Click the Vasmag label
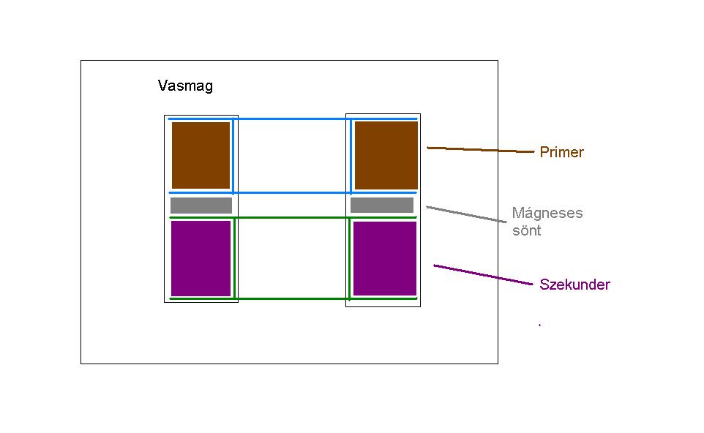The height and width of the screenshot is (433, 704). click(x=185, y=86)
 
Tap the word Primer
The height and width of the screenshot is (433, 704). click(x=561, y=152)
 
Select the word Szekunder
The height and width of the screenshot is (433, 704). click(x=574, y=285)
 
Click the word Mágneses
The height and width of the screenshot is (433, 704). click(x=547, y=214)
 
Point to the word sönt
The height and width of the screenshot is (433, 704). click(x=526, y=230)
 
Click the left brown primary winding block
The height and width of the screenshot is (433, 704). click(x=201, y=155)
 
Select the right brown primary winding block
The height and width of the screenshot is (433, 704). click(x=386, y=155)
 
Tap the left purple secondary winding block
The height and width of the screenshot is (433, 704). click(x=201, y=258)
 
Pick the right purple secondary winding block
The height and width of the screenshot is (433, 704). click(x=385, y=258)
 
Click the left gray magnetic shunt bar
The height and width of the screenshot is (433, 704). click(x=201, y=206)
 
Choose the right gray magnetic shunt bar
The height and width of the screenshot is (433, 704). click(x=382, y=206)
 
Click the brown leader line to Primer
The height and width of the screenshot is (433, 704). click(x=480, y=150)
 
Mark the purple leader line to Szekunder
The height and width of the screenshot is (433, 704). click(x=483, y=275)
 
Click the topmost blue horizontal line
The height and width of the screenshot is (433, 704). click(x=293, y=118)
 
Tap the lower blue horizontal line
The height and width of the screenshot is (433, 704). click(x=293, y=192)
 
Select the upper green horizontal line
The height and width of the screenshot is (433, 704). click(x=293, y=217)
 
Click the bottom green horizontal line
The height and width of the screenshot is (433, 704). click(x=293, y=298)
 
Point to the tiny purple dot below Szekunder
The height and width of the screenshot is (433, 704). click(x=539, y=325)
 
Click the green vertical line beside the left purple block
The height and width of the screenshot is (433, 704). click(x=233, y=257)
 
